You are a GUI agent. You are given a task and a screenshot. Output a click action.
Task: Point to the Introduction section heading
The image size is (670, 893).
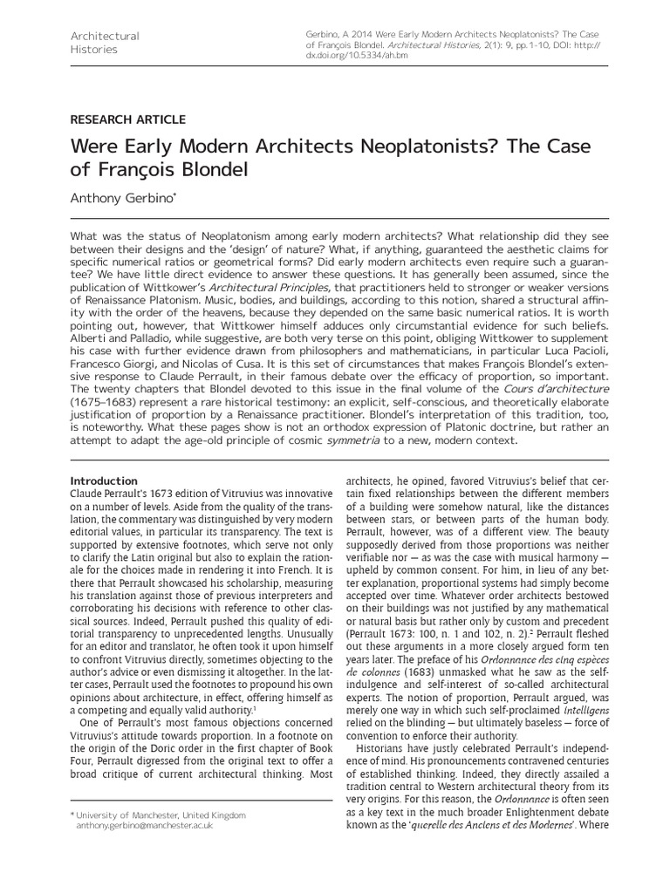(104, 481)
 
